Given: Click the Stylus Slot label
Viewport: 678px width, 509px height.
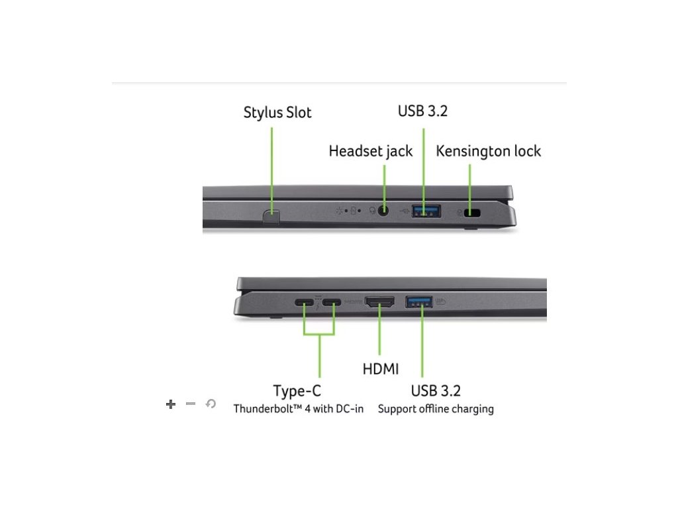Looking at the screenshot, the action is [x=277, y=112].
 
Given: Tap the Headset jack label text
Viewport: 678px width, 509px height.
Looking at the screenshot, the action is [x=370, y=151].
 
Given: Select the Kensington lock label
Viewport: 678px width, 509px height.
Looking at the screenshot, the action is [x=488, y=151].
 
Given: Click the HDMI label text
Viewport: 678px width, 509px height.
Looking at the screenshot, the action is [x=381, y=368].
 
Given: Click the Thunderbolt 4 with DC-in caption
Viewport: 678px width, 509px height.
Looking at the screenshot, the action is [x=299, y=409].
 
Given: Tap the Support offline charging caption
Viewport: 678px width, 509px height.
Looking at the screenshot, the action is [x=436, y=409].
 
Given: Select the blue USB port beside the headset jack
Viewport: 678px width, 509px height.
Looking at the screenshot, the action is [x=426, y=211].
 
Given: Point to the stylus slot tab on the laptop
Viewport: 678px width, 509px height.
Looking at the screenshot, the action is [x=271, y=215].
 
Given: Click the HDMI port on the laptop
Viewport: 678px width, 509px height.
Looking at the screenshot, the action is [x=379, y=303].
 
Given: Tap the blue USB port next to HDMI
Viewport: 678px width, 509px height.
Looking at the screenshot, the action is [x=418, y=303].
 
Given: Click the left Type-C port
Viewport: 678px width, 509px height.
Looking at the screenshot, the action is [x=305, y=304].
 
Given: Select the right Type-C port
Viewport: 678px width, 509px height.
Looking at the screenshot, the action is [x=333, y=304].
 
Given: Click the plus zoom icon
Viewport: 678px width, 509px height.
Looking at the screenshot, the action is [x=171, y=404].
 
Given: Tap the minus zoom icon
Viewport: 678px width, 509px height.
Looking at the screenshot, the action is [x=191, y=404].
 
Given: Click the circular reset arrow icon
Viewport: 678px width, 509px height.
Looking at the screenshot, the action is [x=211, y=404].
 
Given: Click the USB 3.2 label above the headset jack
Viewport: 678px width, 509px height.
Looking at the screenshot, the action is [x=422, y=111].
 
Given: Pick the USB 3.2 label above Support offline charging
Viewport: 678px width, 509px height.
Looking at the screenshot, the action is [x=436, y=390].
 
